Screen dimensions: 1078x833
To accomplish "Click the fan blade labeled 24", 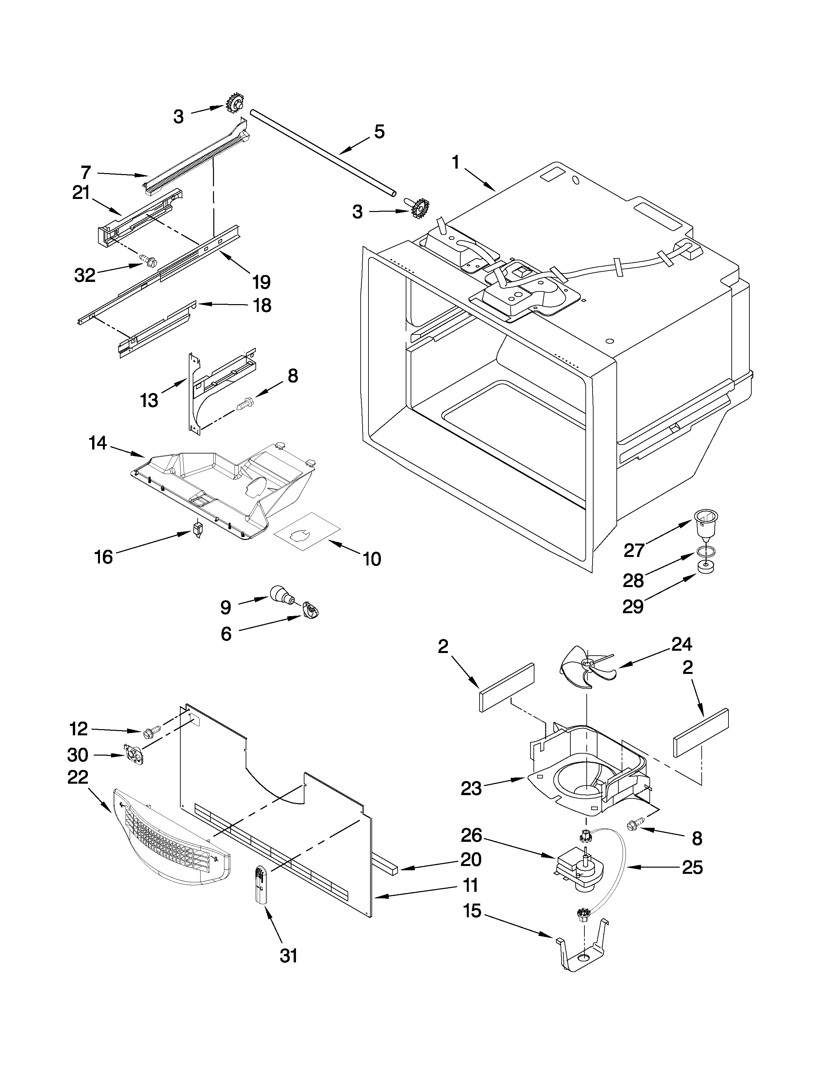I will pyautogui.click(x=586, y=666).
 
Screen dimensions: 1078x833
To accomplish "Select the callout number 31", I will pyautogui.click(x=289, y=955).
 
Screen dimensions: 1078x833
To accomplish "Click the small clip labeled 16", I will pyautogui.click(x=198, y=529).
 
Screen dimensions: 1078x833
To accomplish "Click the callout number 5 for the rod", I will pyautogui.click(x=379, y=132).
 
